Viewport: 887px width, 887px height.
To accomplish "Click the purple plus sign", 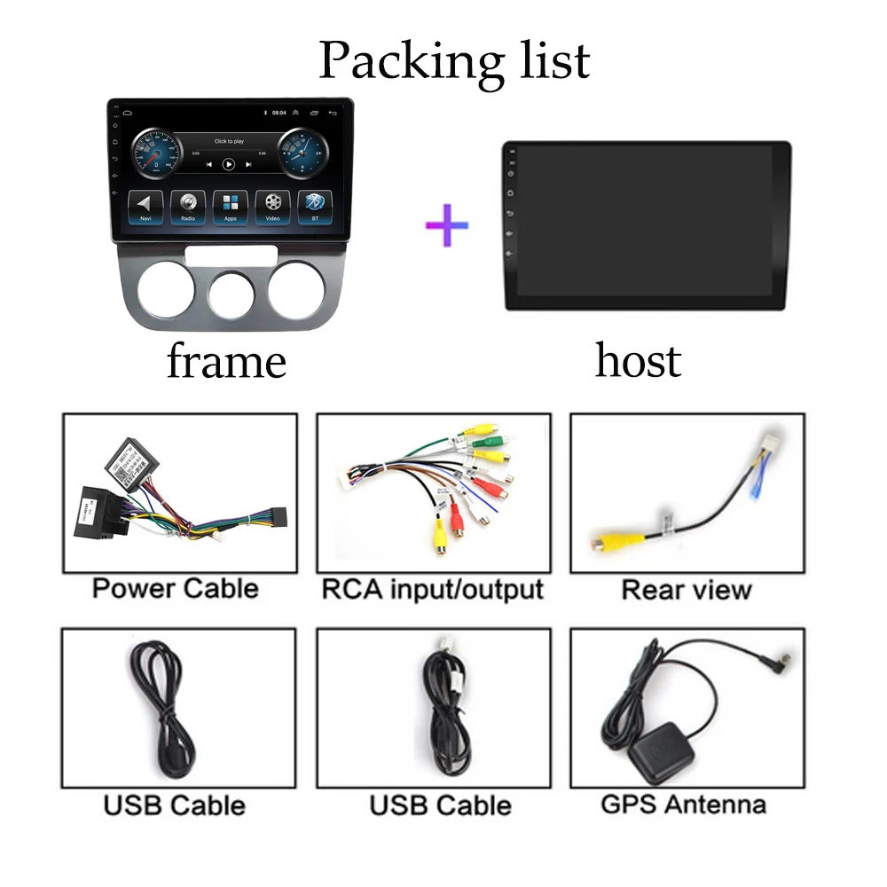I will pos(447,225).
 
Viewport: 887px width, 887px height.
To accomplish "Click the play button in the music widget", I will pos(229,164).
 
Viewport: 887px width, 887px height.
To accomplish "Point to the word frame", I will pos(226,361).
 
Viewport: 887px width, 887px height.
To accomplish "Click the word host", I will pos(638,360).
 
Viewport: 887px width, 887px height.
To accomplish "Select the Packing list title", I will pos(454,60).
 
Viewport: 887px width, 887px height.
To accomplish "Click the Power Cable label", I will pos(175,588).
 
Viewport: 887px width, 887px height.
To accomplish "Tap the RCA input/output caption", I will pos(432,589).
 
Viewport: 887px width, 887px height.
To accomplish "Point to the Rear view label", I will pos(687,590).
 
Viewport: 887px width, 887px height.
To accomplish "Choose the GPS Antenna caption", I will pos(683,805).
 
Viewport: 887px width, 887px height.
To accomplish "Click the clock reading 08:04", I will pos(279,114).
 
